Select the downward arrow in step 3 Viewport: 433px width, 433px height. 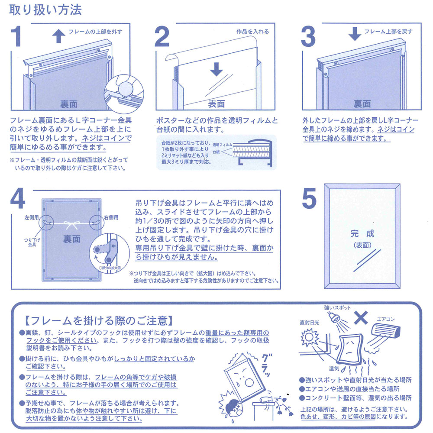point(355,34)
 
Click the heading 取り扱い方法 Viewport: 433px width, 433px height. point(45,10)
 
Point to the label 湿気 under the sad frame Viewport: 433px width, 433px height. point(334,368)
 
